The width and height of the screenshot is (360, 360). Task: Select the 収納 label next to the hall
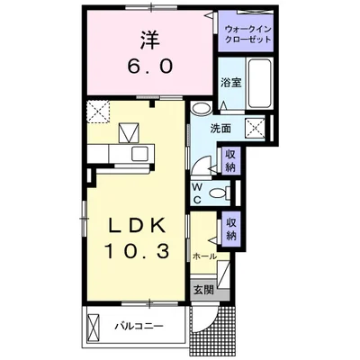click(x=231, y=229)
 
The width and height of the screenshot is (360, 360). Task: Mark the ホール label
click(x=204, y=256)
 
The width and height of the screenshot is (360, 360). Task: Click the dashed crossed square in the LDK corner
click(x=97, y=112)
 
